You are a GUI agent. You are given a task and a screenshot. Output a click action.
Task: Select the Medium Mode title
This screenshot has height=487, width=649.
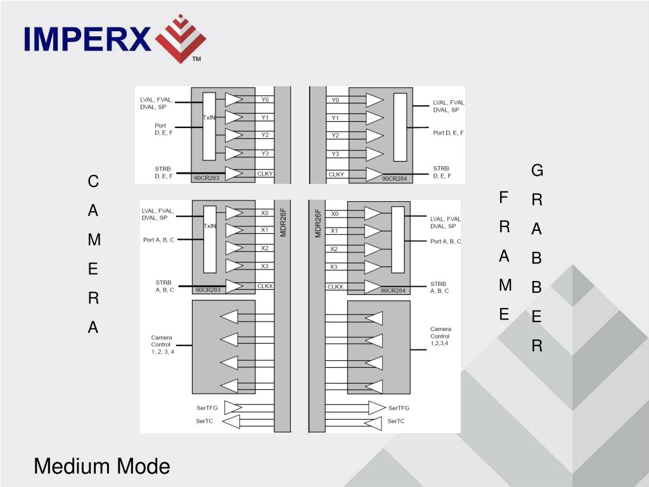click(x=101, y=467)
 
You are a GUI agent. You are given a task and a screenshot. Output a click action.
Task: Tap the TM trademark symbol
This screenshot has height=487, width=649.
click(x=196, y=59)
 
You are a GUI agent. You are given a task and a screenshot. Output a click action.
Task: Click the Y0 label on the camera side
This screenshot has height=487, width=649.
click(x=265, y=100)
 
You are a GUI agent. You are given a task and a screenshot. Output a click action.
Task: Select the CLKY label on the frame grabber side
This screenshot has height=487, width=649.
click(x=337, y=174)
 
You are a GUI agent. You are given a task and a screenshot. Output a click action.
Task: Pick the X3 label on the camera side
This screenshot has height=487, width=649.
click(x=264, y=266)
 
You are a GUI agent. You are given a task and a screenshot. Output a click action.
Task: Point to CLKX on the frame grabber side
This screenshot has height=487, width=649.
click(x=335, y=287)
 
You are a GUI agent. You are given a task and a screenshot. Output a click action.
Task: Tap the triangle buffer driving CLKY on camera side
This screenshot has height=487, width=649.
click(x=234, y=173)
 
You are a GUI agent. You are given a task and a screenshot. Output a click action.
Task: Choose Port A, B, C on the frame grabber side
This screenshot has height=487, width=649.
click(x=446, y=242)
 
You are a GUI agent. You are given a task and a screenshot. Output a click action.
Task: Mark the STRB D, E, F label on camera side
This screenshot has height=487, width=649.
click(x=164, y=172)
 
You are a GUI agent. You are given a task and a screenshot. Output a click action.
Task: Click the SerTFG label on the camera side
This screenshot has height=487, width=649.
click(x=207, y=408)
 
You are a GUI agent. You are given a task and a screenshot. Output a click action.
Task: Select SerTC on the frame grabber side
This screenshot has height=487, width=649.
click(x=396, y=421)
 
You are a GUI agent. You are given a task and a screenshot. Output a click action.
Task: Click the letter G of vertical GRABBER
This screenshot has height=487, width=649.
click(x=537, y=171)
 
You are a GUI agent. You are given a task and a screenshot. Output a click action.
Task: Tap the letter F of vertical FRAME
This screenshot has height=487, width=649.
click(x=504, y=198)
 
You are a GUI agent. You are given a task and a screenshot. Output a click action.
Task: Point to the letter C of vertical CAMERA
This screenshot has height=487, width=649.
click(x=93, y=181)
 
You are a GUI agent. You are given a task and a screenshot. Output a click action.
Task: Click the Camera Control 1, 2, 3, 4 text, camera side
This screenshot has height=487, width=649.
click(x=162, y=344)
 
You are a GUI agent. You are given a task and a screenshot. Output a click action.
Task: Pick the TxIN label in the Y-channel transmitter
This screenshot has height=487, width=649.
click(x=209, y=118)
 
